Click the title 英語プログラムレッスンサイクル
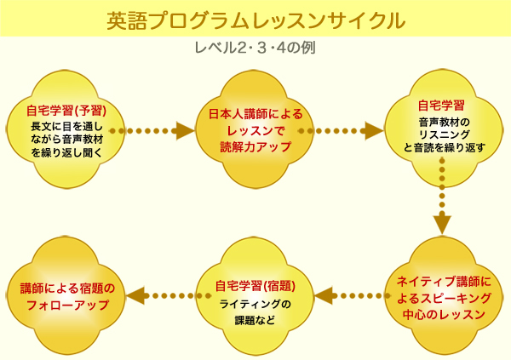click(x=256, y=20)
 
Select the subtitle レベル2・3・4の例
click(x=255, y=48)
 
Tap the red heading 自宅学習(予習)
click(x=66, y=111)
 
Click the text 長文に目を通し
click(x=66, y=126)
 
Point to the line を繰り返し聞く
click(x=66, y=152)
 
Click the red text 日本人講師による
click(x=255, y=114)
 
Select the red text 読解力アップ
click(x=255, y=147)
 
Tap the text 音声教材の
click(x=445, y=123)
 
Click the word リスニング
click(x=445, y=134)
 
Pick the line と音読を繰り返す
click(x=445, y=147)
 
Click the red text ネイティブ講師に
click(x=444, y=282)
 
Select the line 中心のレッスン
click(x=444, y=315)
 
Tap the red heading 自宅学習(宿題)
click(x=255, y=286)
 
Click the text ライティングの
click(x=255, y=305)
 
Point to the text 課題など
click(x=255, y=320)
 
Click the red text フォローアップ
click(x=67, y=306)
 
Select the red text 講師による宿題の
click(x=67, y=289)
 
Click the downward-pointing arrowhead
click(x=442, y=225)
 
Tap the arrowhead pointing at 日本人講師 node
click(x=185, y=131)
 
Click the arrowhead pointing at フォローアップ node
click(x=135, y=296)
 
